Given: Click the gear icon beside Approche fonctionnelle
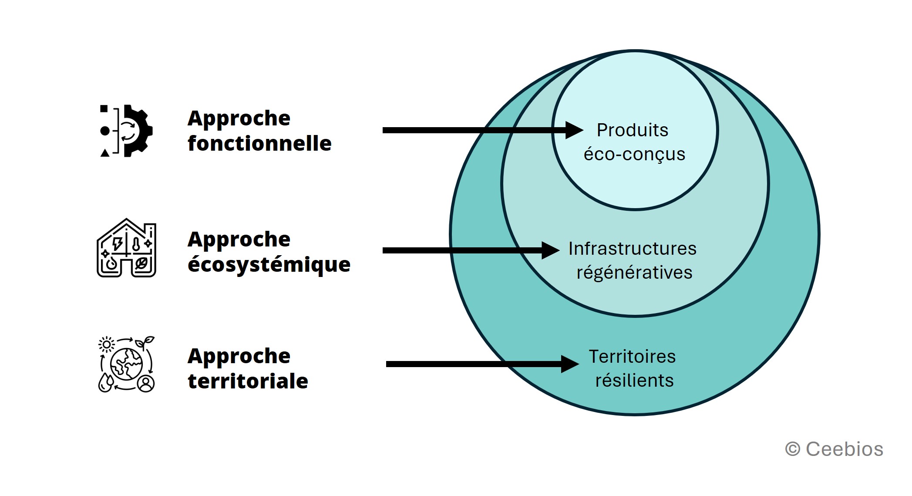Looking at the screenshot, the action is click(x=126, y=131).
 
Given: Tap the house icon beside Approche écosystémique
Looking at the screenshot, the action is click(x=126, y=248).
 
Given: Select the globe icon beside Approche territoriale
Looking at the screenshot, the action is click(x=126, y=364).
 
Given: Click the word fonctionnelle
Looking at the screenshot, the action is click(x=259, y=143).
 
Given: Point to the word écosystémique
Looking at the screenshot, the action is click(x=269, y=265).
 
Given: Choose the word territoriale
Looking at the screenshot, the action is click(x=248, y=381).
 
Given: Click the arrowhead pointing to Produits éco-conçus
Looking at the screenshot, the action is click(x=574, y=130).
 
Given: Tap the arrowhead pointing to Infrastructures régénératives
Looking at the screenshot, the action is click(x=551, y=250).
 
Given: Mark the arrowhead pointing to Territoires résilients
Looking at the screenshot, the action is click(x=570, y=364).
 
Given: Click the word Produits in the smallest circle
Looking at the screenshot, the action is click(x=633, y=130).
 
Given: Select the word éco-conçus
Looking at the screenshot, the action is click(x=634, y=155).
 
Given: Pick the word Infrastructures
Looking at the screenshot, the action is click(x=633, y=249).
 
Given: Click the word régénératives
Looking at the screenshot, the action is click(x=634, y=273).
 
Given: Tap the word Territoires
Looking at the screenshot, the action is click(x=632, y=357).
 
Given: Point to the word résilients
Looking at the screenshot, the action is click(x=634, y=381).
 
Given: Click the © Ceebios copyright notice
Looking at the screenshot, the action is click(x=834, y=449).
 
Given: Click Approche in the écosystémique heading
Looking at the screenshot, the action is click(x=239, y=240).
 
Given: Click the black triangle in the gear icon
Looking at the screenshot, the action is click(x=104, y=152).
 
